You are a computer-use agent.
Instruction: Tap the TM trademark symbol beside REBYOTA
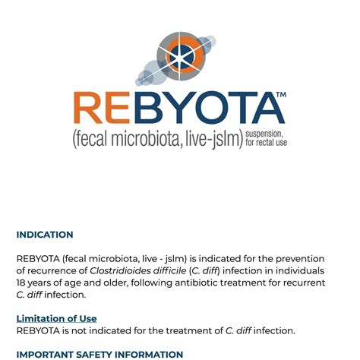point(279,95)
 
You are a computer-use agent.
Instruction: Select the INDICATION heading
point(45,235)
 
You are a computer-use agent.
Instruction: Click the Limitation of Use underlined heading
point(56,318)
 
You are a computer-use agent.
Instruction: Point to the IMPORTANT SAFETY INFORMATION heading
point(99,354)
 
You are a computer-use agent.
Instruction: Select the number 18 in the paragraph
point(22,283)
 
